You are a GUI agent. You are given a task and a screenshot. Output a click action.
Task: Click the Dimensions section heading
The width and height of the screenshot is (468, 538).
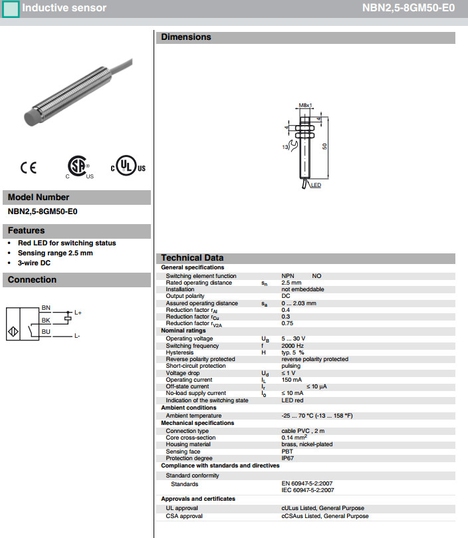pyautogui.click(x=186, y=37)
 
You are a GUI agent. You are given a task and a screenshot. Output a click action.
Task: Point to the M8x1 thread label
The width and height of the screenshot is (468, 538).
pyautogui.click(x=305, y=106)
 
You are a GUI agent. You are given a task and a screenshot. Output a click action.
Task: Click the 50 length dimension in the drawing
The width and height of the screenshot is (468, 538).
pyautogui.click(x=326, y=146)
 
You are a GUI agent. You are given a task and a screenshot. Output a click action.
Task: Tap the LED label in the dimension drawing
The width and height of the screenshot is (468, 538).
pyautogui.click(x=316, y=185)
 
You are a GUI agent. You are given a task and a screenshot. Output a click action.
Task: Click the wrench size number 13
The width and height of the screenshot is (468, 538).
pyautogui.click(x=285, y=146)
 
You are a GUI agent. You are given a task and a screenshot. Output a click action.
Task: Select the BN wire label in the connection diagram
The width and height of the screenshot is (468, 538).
pyautogui.click(x=46, y=307)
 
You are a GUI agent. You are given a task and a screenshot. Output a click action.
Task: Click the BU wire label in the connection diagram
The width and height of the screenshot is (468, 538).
pyautogui.click(x=46, y=331)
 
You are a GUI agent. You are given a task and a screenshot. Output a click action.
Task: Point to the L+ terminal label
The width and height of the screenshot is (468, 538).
pyautogui.click(x=78, y=313)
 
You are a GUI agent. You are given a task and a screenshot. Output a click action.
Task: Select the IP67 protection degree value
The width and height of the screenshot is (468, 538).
pyautogui.click(x=287, y=458)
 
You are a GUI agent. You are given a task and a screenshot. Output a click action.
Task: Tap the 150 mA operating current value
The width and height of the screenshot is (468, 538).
pyautogui.click(x=291, y=380)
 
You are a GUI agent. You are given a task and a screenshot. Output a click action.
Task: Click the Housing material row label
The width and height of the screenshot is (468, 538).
pyautogui.click(x=188, y=445)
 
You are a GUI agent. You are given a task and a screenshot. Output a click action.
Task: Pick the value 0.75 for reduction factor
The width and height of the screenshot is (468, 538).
pyautogui.click(x=287, y=323)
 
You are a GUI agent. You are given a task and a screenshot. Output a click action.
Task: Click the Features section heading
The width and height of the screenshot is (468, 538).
pyautogui.click(x=26, y=231)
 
